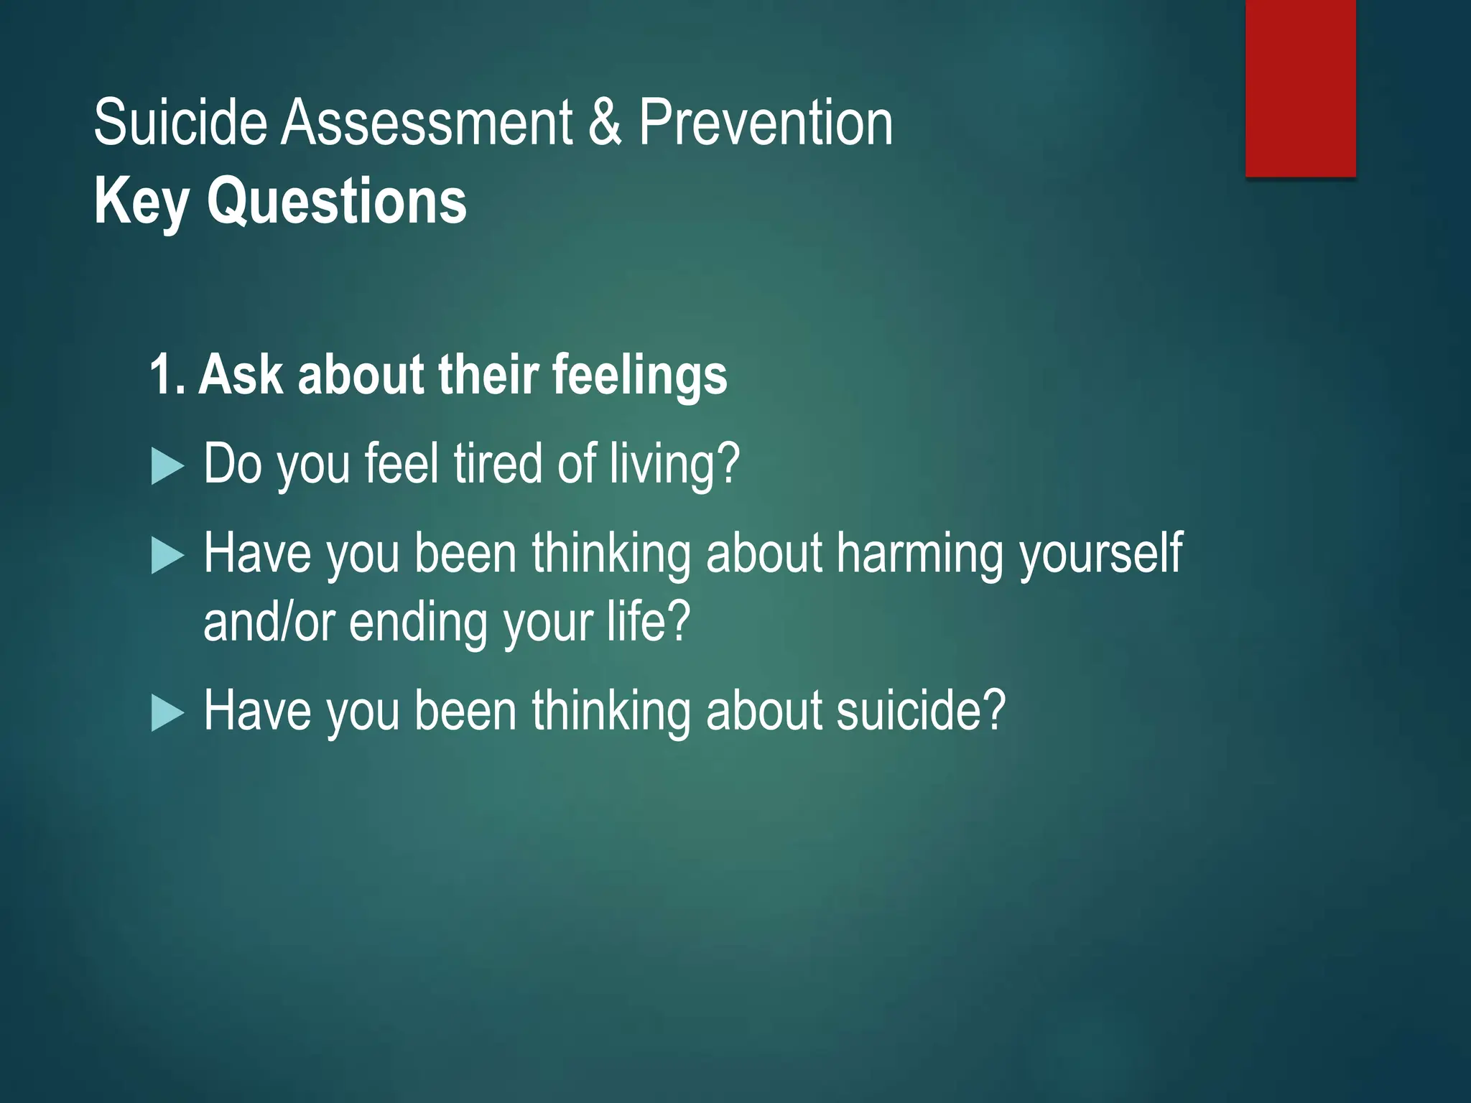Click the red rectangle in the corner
point(1300,88)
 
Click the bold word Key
point(141,203)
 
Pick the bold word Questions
point(337,203)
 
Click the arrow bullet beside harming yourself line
point(167,557)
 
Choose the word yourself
point(1101,554)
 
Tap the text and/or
point(269,622)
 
